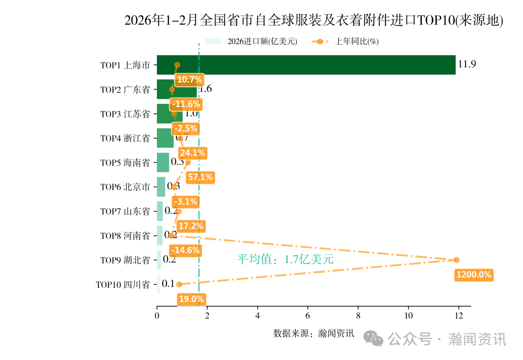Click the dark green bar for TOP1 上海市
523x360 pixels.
click(306, 65)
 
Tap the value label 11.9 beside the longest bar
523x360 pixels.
click(467, 64)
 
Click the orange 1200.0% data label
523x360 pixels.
click(474, 275)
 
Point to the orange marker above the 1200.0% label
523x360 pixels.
click(456, 260)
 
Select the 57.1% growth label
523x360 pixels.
click(200, 177)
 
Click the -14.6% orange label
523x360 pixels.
click(186, 250)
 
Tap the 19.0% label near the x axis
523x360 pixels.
click(191, 299)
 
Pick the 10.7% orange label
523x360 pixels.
click(189, 79)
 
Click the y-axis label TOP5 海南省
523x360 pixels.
click(125, 163)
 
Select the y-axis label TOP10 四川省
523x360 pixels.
click(123, 284)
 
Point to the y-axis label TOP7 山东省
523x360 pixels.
click(125, 211)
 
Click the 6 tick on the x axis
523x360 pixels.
click(308, 316)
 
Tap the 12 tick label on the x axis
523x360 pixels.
click(459, 316)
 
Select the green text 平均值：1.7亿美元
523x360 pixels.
click(285, 259)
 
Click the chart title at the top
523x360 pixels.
click(314, 20)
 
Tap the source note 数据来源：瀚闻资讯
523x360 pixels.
click(314, 333)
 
